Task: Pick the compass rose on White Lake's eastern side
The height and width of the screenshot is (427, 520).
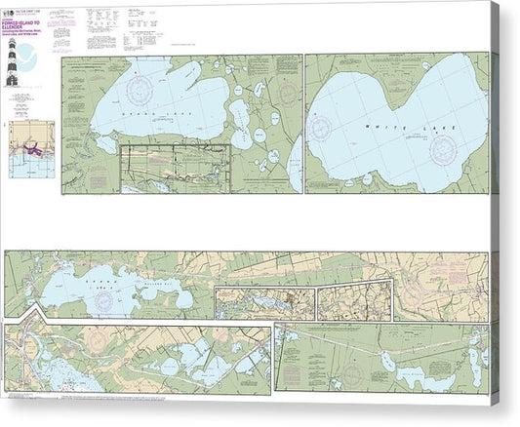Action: tap(443, 149)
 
